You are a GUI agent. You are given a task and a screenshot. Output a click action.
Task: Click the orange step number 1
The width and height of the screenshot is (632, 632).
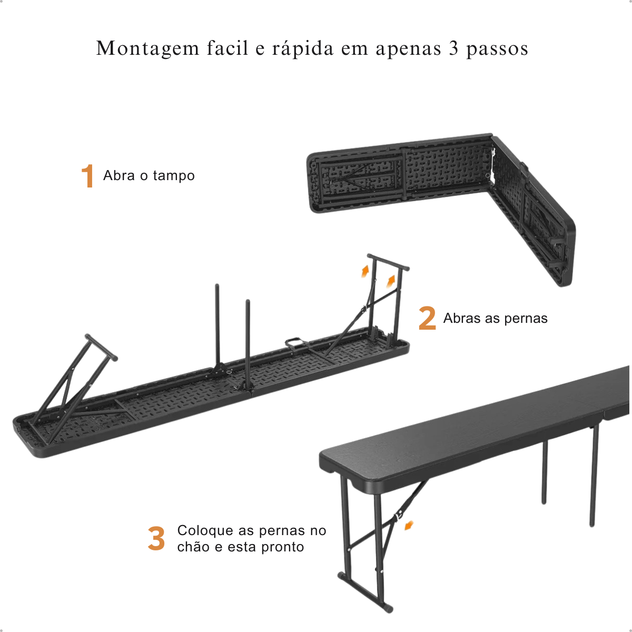click(x=88, y=176)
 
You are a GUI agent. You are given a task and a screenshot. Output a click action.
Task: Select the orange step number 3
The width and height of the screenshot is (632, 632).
click(x=156, y=538)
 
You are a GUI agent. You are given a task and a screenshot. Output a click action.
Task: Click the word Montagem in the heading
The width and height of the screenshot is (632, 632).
click(x=147, y=48)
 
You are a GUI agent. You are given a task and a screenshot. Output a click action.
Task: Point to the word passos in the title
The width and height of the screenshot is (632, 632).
click(x=497, y=49)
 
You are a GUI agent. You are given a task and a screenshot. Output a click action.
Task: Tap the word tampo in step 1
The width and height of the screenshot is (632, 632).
click(x=174, y=176)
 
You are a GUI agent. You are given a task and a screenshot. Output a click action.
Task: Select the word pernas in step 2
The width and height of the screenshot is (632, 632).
click(x=526, y=319)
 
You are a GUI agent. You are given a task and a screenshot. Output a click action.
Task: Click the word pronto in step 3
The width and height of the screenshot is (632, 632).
click(x=282, y=547)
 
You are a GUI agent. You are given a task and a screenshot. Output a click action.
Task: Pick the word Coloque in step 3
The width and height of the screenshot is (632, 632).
click(x=205, y=530)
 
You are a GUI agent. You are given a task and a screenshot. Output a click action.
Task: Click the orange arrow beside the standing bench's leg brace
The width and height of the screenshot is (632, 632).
click(x=409, y=526)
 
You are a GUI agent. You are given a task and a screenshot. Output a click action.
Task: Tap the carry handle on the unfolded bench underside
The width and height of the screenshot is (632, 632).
click(x=297, y=343)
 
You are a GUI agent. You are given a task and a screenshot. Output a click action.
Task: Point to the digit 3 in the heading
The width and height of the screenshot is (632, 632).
click(x=453, y=48)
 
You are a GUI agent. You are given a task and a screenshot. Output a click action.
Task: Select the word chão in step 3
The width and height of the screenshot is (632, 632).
click(x=193, y=546)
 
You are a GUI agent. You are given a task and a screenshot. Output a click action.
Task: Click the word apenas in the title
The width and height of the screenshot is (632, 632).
click(x=408, y=49)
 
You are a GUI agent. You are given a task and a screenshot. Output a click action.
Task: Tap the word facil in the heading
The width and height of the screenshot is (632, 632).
click(x=228, y=48)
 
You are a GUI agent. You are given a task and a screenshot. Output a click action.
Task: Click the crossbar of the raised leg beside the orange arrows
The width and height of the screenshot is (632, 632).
click(x=388, y=262)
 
